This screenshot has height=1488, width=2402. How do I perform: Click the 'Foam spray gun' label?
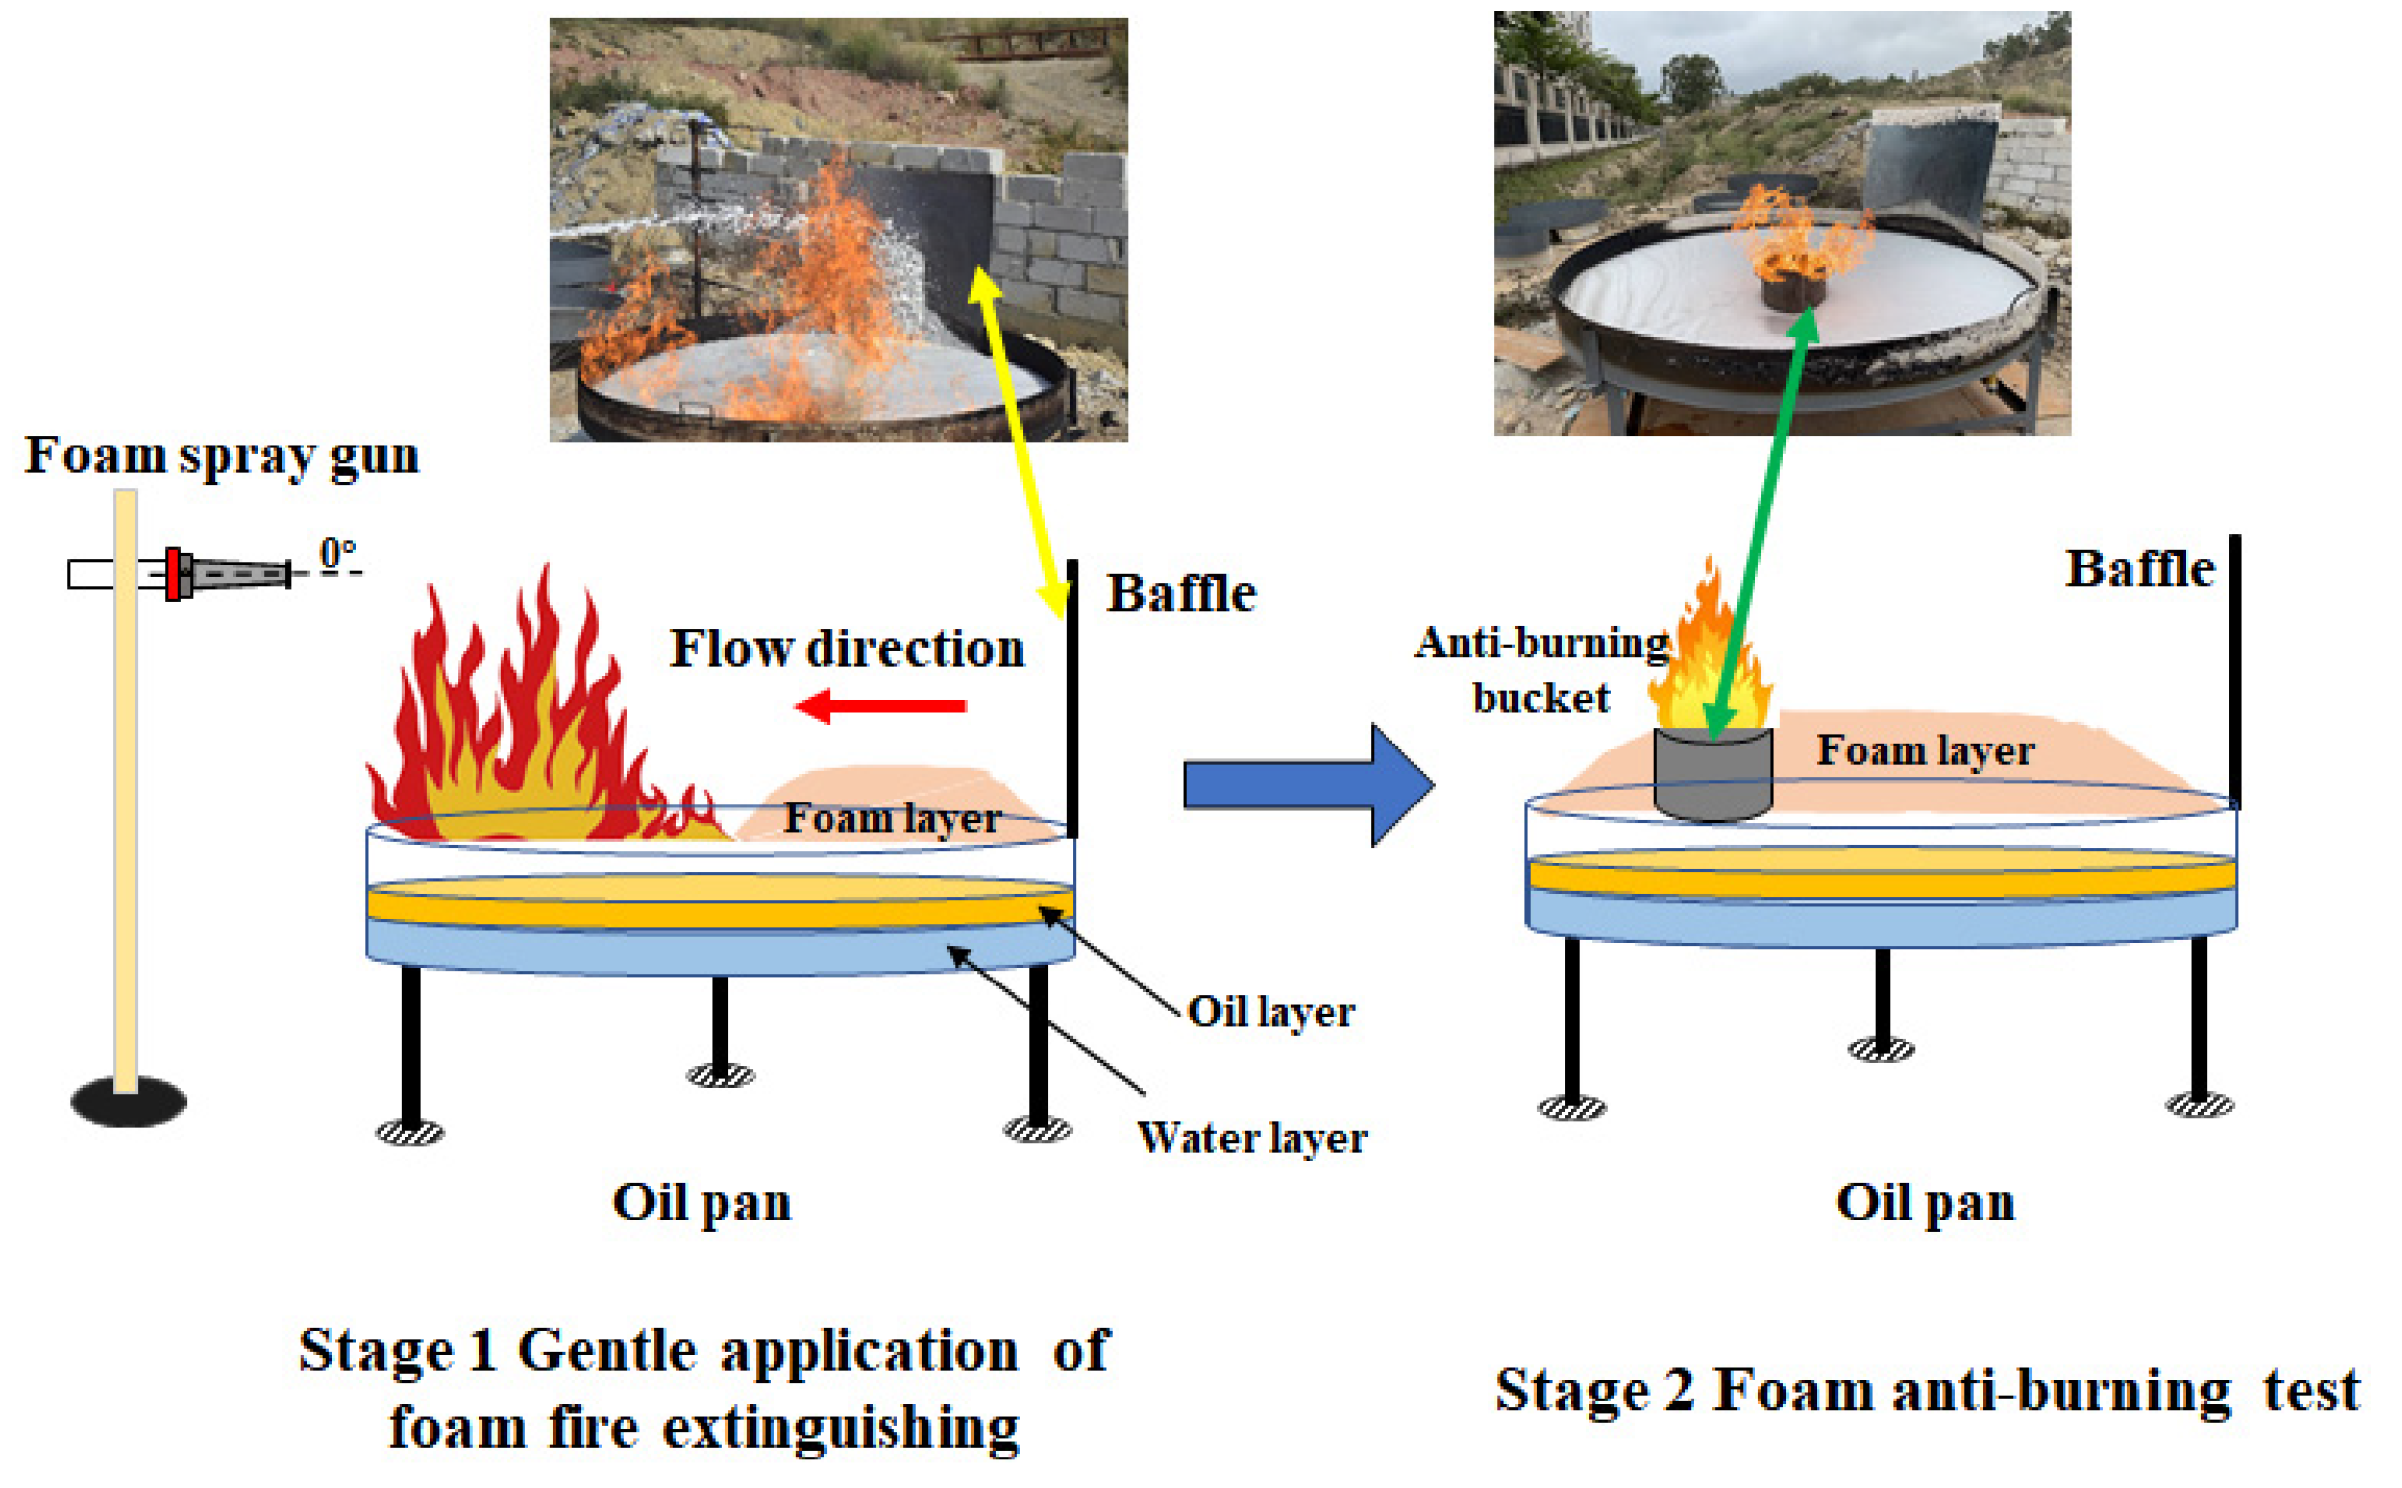(x=221, y=455)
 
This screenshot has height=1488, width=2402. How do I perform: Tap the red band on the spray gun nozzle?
(x=173, y=573)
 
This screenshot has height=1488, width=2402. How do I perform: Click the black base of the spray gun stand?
(x=128, y=1101)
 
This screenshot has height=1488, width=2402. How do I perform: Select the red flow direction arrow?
(x=880, y=705)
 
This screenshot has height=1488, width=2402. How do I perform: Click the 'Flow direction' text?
(x=846, y=649)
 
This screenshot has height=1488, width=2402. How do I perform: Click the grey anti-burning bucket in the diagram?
(x=1713, y=776)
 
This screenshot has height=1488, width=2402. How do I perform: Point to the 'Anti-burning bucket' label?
(x=1542, y=670)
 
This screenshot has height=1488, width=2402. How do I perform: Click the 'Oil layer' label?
(x=1270, y=1012)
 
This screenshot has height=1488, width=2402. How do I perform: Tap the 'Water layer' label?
(x=1252, y=1138)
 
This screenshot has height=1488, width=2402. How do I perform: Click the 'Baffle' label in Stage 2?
(x=2139, y=568)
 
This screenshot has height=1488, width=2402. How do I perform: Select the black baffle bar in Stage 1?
(x=1072, y=698)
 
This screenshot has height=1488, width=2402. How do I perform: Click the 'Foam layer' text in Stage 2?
(x=1925, y=751)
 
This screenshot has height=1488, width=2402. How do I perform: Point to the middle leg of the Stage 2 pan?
(x=1881, y=999)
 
